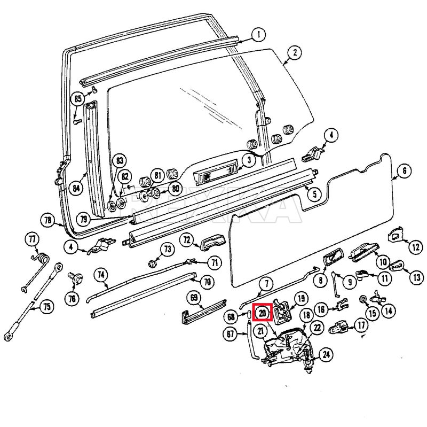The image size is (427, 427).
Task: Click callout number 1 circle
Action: pyautogui.click(x=258, y=35)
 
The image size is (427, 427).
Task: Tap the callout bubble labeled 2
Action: pyautogui.click(x=293, y=52)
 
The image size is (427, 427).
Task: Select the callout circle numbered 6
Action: pyautogui.click(x=404, y=170)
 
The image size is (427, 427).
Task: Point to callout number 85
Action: pyautogui.click(x=78, y=99)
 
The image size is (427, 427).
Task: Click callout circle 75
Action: pyautogui.click(x=48, y=307)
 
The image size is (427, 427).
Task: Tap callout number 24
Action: pyautogui.click(x=326, y=353)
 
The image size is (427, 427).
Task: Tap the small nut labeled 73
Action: pyautogui.click(x=153, y=262)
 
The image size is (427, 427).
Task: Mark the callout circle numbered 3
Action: pyautogui.click(x=248, y=160)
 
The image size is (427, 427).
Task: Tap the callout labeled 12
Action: pyautogui.click(x=415, y=247)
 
